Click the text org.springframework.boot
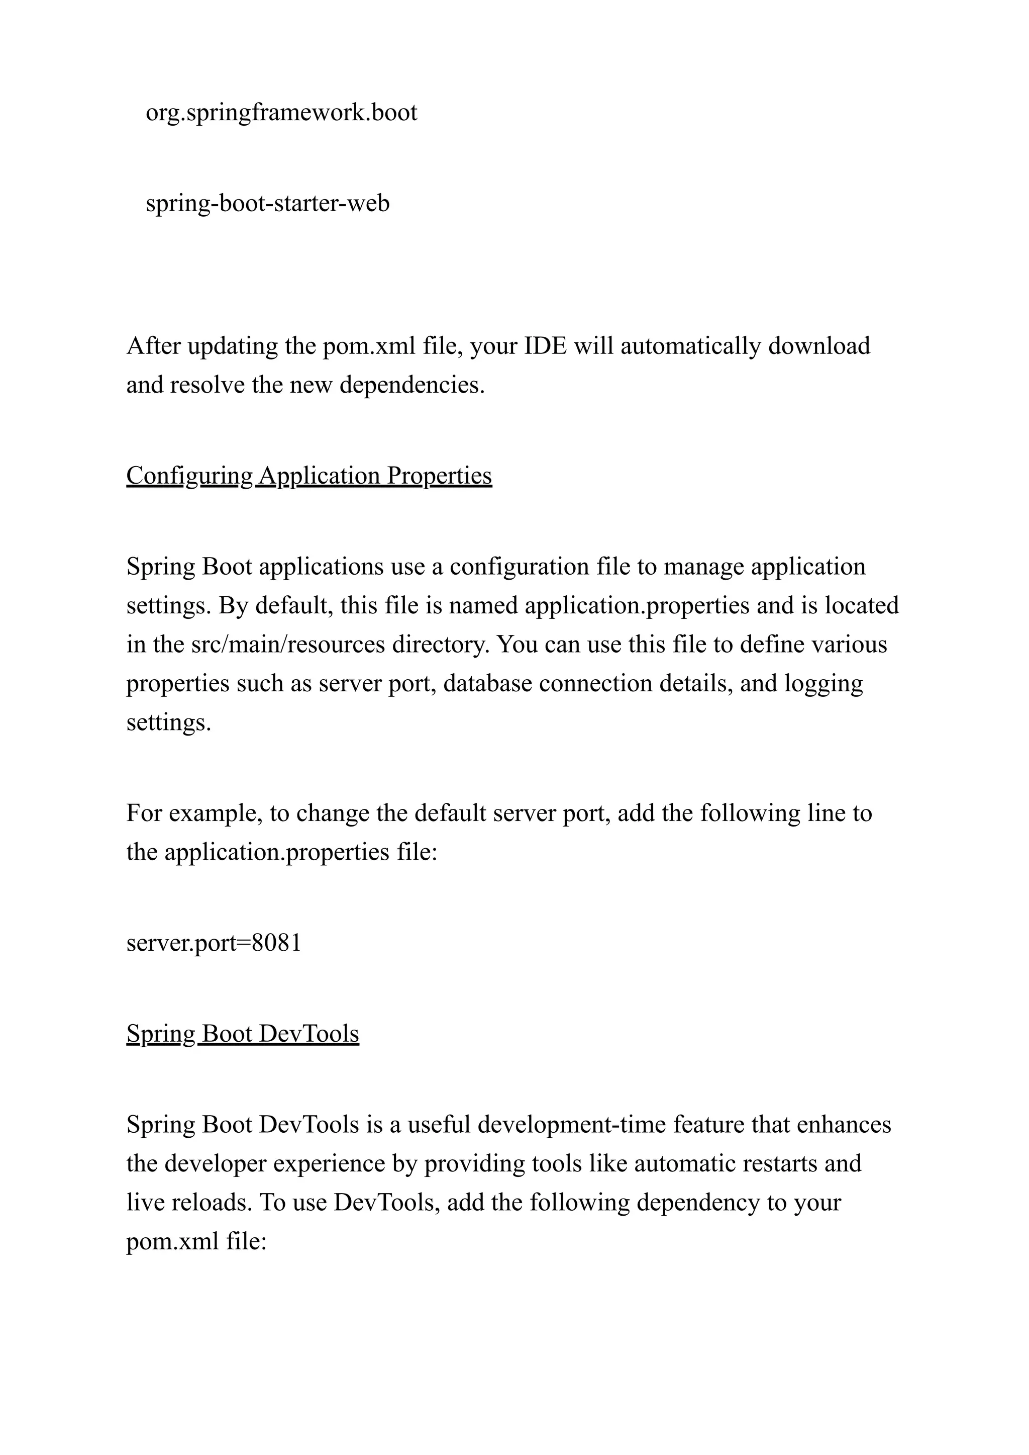(x=281, y=113)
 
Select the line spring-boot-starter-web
(x=267, y=204)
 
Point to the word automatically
(x=691, y=346)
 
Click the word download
(x=819, y=346)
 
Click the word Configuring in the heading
(x=189, y=476)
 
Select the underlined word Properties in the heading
(x=439, y=476)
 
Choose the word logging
(x=823, y=683)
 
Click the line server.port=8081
(x=214, y=943)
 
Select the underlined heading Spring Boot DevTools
(x=243, y=1034)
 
